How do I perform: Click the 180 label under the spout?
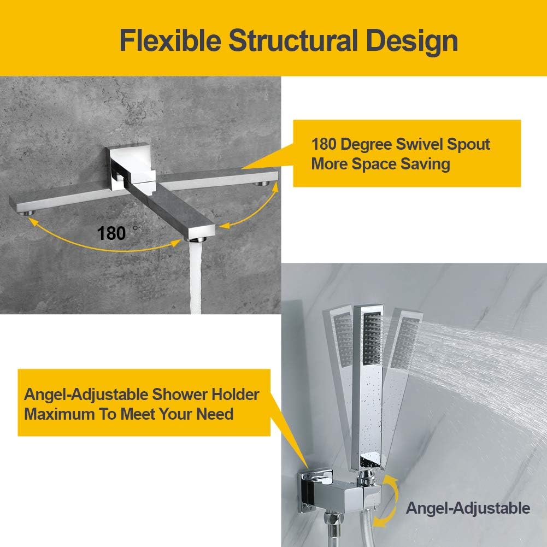click(112, 233)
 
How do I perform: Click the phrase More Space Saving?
click(380, 164)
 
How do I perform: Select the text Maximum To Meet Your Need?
click(128, 414)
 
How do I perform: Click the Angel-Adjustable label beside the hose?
click(468, 508)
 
